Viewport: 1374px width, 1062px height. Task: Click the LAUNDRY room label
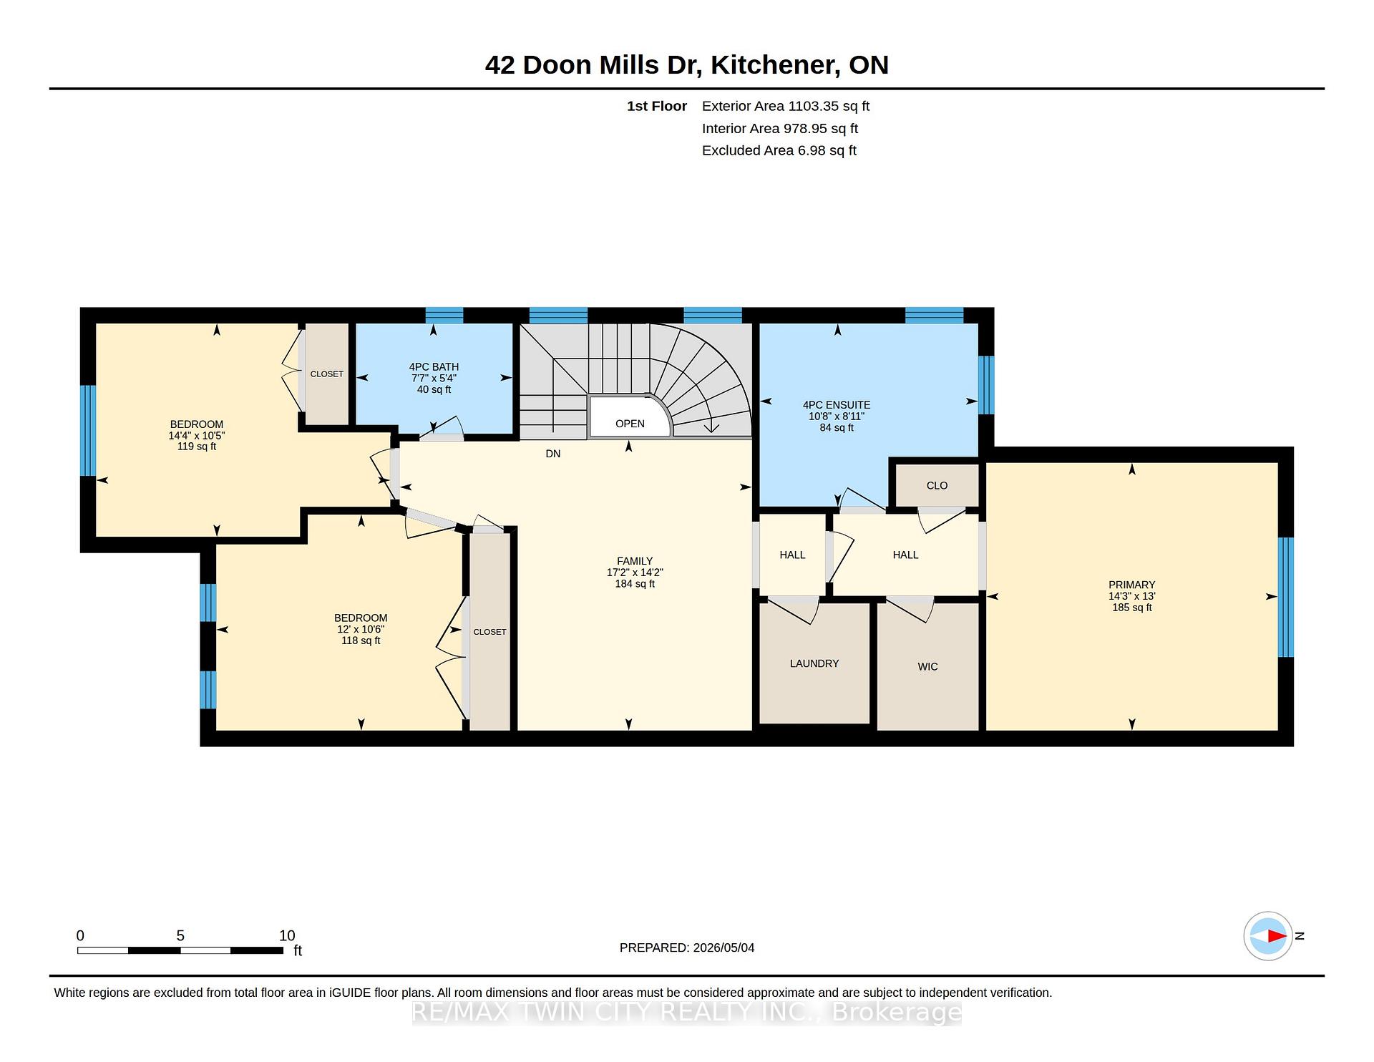pyautogui.click(x=814, y=663)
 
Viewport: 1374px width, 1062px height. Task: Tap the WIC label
pyautogui.click(x=927, y=666)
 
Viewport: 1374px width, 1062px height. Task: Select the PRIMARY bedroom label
pyautogui.click(x=1131, y=585)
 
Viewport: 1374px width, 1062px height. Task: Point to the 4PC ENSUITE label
pyautogui.click(x=837, y=405)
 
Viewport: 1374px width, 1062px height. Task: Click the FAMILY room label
pyautogui.click(x=635, y=561)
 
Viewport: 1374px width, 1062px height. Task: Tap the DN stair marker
pyautogui.click(x=553, y=454)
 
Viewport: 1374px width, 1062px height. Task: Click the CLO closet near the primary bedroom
pyautogui.click(x=937, y=485)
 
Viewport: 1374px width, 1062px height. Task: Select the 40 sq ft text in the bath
pyautogui.click(x=434, y=390)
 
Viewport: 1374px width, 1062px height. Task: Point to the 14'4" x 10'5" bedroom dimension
pyautogui.click(x=197, y=436)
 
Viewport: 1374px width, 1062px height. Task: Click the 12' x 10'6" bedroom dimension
pyautogui.click(x=361, y=630)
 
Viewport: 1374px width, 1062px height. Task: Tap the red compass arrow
pyautogui.click(x=1277, y=935)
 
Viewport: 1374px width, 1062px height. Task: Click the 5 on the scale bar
pyautogui.click(x=180, y=935)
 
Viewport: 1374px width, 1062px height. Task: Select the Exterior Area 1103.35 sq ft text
pyautogui.click(x=786, y=106)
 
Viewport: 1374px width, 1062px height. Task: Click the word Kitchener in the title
pyautogui.click(x=775, y=65)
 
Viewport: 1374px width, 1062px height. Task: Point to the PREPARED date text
pyautogui.click(x=687, y=947)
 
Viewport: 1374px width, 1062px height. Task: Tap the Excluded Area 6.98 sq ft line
pyautogui.click(x=779, y=150)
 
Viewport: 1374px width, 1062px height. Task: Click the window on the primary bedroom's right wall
pyautogui.click(x=1286, y=597)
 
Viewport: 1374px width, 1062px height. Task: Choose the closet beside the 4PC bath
pyautogui.click(x=327, y=374)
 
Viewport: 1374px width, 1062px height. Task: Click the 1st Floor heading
pyautogui.click(x=657, y=106)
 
